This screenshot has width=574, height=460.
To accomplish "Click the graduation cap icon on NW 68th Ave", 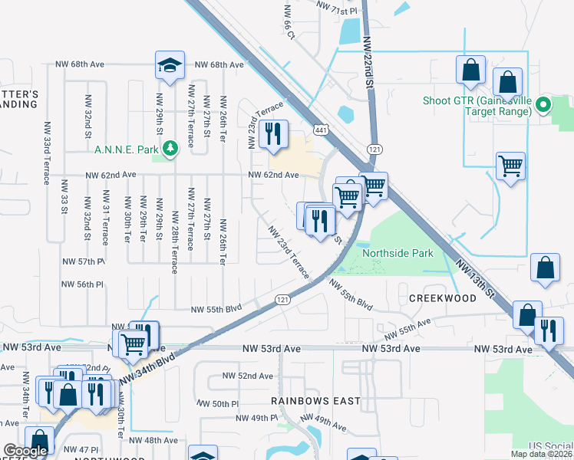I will point(170,66).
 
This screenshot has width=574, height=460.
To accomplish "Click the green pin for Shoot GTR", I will point(544,106).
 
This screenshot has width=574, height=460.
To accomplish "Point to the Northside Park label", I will point(398,253).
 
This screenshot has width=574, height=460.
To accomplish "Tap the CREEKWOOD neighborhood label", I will point(443,297).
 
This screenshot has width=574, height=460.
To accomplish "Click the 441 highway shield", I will point(321,131).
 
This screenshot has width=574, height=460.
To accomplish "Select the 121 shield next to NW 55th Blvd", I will point(282,300).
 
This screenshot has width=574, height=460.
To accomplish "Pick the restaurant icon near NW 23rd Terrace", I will point(273,135).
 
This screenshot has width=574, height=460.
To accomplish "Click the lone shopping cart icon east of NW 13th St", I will point(510,166).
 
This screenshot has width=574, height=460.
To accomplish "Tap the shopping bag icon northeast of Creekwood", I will point(545,268).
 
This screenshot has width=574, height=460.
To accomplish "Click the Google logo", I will point(26,452).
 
